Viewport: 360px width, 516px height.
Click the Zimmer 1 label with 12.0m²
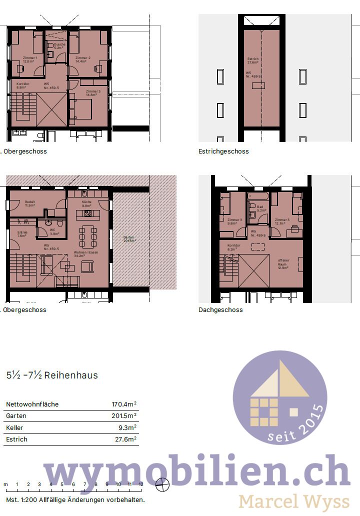tap(30, 60)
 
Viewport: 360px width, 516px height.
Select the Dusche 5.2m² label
tap(60, 45)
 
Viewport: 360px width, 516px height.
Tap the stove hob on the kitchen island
tap(87, 214)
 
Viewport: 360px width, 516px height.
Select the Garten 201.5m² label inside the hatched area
tap(129, 239)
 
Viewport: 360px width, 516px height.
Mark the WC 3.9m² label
tap(54, 232)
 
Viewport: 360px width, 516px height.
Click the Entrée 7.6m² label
tap(22, 234)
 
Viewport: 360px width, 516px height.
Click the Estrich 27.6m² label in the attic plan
tap(253, 61)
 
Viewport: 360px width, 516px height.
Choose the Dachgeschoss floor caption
tap(220, 310)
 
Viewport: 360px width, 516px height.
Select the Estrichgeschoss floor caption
tap(223, 151)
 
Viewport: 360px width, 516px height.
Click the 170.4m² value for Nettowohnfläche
tap(124, 404)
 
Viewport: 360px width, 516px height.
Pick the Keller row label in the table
tap(14, 428)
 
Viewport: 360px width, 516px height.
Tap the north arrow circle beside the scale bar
tap(162, 483)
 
